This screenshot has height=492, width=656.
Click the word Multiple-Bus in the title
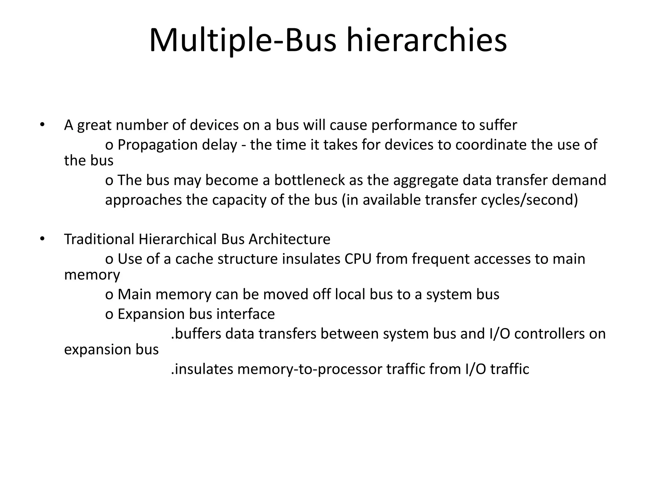[242, 41]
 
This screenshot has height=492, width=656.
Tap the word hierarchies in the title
[427, 41]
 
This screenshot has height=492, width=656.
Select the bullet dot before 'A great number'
[41, 125]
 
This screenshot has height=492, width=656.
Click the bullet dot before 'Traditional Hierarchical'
[41, 239]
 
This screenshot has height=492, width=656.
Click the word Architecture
[289, 239]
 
